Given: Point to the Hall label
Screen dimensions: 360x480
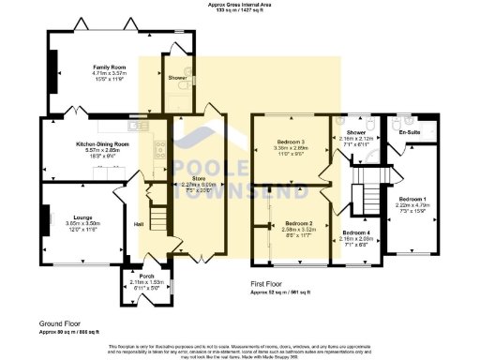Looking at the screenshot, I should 139,223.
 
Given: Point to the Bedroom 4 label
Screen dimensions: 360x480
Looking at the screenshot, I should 356,232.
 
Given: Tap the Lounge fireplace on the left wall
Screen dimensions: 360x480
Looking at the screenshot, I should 44,223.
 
